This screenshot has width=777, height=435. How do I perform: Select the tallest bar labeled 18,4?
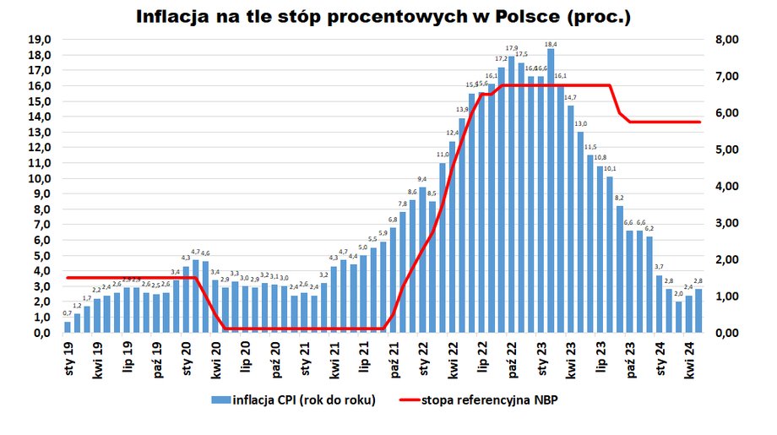551,190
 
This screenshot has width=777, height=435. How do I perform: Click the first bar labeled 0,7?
68,327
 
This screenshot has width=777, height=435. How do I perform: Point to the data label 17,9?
512,48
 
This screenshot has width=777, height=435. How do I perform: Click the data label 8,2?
620,198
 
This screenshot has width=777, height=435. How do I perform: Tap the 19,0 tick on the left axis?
41,40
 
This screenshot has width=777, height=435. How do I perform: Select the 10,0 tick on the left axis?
41,179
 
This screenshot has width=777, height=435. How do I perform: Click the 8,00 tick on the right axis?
726,40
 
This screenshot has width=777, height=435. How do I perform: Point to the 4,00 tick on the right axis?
726,186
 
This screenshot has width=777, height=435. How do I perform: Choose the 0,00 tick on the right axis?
726,333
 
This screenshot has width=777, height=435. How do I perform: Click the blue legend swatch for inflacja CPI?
220,400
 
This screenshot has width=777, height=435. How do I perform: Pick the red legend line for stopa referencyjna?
412,400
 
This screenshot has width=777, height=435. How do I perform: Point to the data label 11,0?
443,155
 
